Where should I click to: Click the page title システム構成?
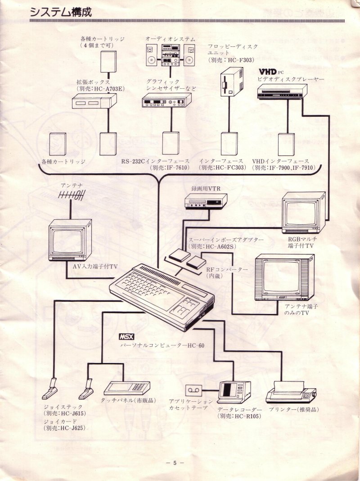60,12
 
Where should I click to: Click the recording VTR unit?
206,200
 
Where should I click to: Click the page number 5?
175,463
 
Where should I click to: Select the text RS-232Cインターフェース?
155,161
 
